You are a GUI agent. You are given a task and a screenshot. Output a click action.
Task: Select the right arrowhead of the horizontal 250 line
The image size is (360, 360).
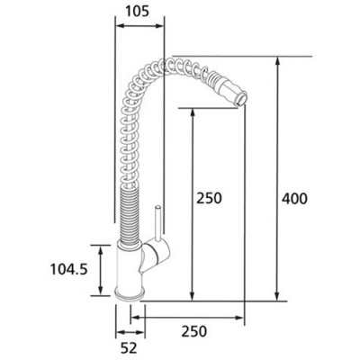(x=240, y=316)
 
